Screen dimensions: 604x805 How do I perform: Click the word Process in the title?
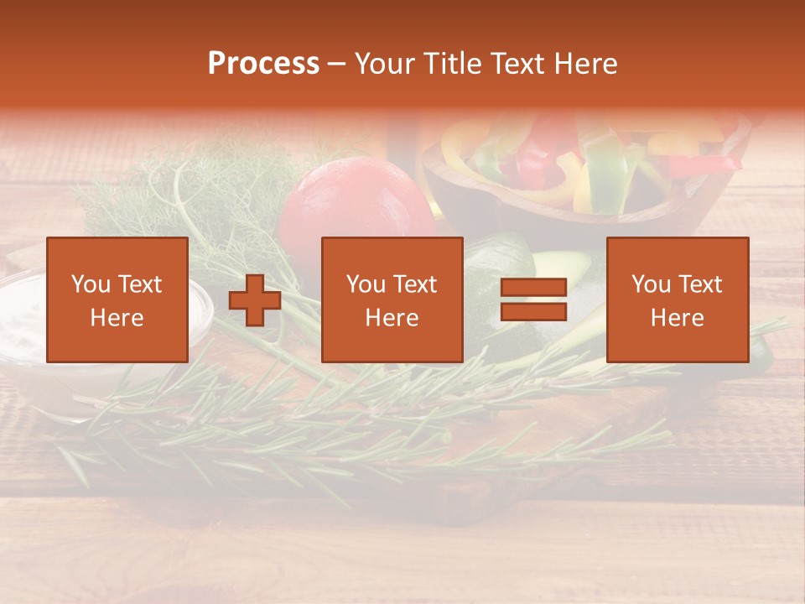click(263, 64)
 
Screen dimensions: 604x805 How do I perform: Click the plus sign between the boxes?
click(255, 300)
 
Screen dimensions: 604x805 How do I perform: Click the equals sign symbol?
click(533, 299)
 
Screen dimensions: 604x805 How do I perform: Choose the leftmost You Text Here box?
click(117, 299)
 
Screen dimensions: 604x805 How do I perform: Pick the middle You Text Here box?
click(392, 299)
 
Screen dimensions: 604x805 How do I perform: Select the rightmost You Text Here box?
click(678, 299)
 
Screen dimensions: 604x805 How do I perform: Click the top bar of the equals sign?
click(533, 289)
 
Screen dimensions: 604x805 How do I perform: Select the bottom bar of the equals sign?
click(533, 311)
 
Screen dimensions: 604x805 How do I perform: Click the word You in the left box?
click(91, 284)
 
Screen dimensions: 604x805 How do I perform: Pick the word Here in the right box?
click(678, 317)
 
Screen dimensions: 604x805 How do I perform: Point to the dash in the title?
click(337, 65)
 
